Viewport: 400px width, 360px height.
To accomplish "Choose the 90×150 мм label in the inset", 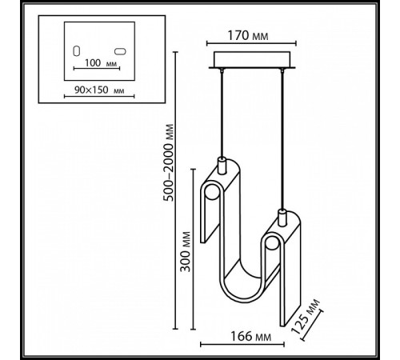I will point(98,92).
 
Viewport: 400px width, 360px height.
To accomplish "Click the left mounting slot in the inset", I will point(77,50).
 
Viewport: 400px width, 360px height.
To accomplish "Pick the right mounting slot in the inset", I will point(120,50).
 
